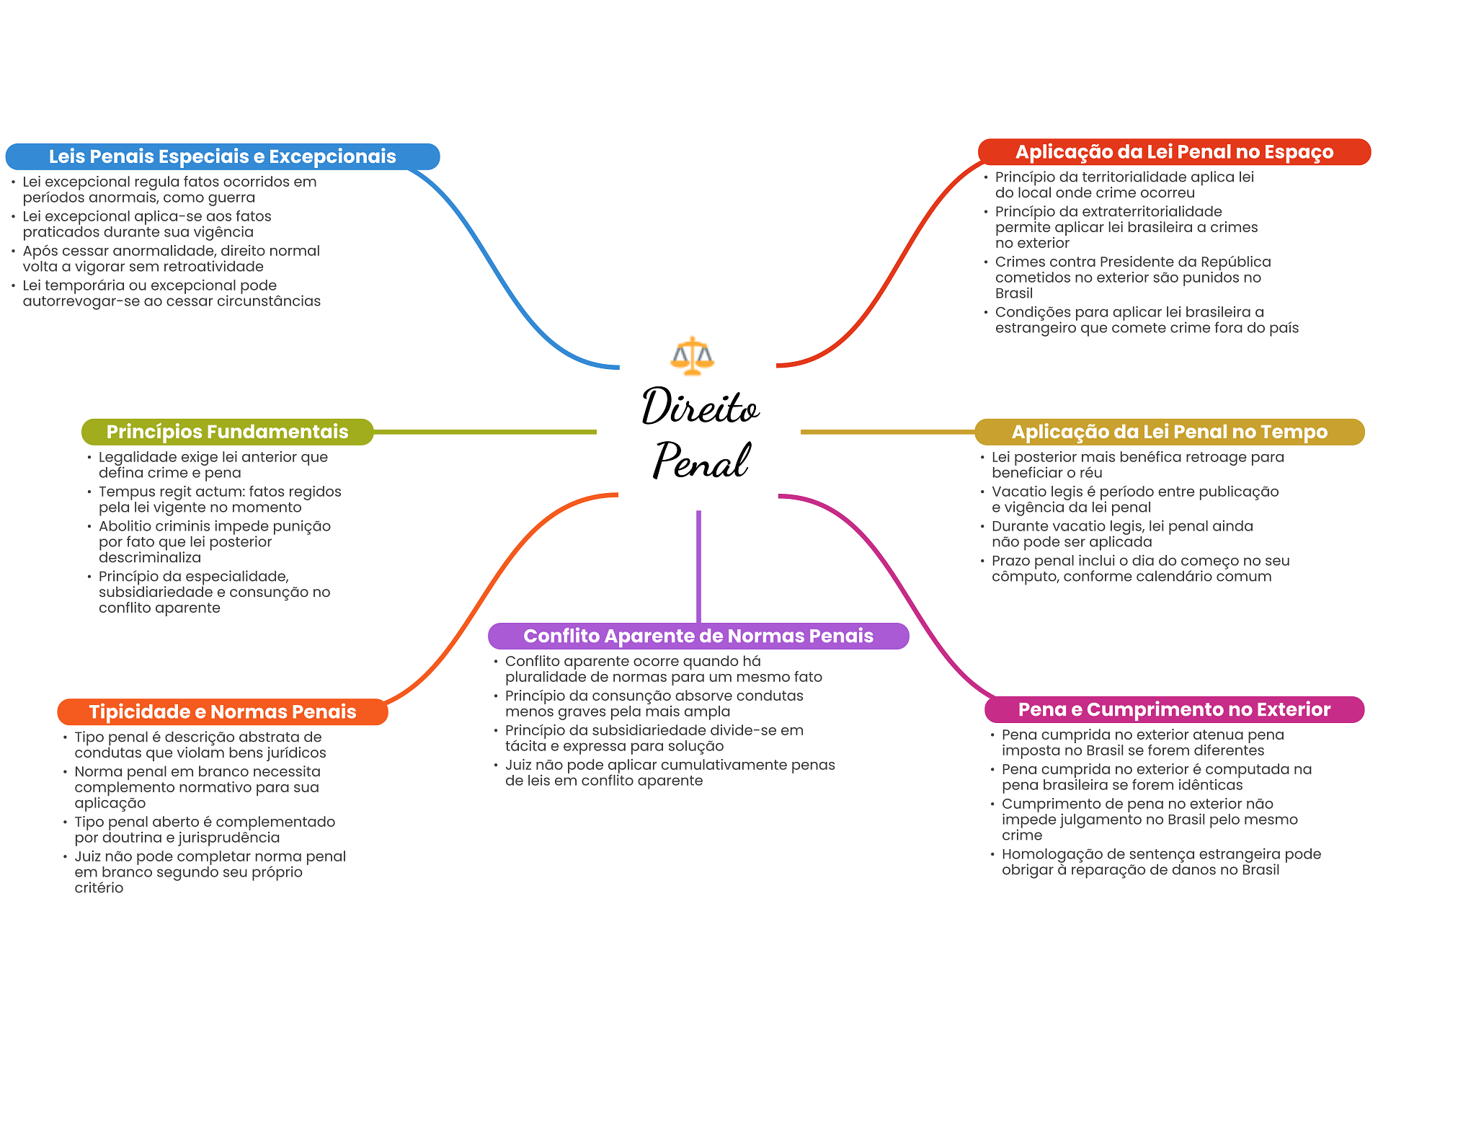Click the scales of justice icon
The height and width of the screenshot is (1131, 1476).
[x=692, y=355]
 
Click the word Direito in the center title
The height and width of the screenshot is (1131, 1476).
[x=700, y=407]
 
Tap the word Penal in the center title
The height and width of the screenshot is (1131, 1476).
[x=701, y=460]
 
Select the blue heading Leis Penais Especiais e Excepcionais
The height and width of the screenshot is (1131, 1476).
[x=222, y=156]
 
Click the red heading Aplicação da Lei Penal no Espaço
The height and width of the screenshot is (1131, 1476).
[x=1174, y=152]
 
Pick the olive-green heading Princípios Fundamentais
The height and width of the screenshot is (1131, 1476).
[x=227, y=432]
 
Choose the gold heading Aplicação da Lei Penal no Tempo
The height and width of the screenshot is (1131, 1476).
[x=1169, y=432]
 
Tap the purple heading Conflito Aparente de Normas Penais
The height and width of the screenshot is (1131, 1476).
[x=698, y=636]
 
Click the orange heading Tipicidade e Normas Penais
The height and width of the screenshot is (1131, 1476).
[x=222, y=711]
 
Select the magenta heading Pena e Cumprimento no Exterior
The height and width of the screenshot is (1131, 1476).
[x=1174, y=709]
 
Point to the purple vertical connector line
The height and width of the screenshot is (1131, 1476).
[x=698, y=566]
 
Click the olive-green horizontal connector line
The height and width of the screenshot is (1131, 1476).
[x=484, y=432]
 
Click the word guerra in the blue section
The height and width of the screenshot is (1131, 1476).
[x=231, y=198]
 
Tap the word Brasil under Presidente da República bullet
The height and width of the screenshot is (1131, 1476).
[x=1014, y=293]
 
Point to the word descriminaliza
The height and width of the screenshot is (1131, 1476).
[x=150, y=557]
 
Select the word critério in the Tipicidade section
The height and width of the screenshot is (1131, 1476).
[x=99, y=888]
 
